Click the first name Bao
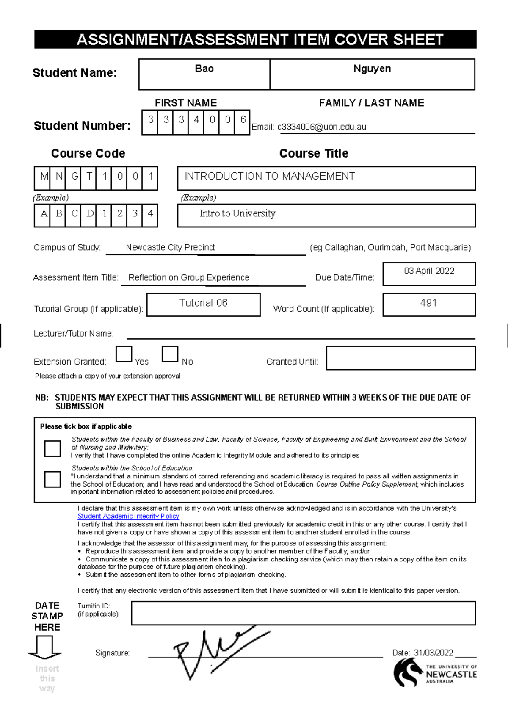coord(204,69)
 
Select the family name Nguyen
coord(372,69)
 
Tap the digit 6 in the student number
coord(243,120)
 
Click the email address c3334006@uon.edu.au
coord(322,127)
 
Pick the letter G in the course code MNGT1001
coord(75,177)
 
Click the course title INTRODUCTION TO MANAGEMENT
coord(270,177)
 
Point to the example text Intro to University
coord(237,213)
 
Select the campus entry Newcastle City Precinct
coord(171,248)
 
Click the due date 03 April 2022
coord(429,271)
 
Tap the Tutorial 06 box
coord(203,303)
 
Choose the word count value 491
coord(428,303)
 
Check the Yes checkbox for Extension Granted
coord(124,354)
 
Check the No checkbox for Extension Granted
coord(170,354)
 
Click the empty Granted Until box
coord(400,358)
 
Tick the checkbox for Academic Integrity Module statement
coord(52,448)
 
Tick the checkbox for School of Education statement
coord(52,479)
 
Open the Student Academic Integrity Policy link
coord(128,516)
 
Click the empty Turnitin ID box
coord(303,613)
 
